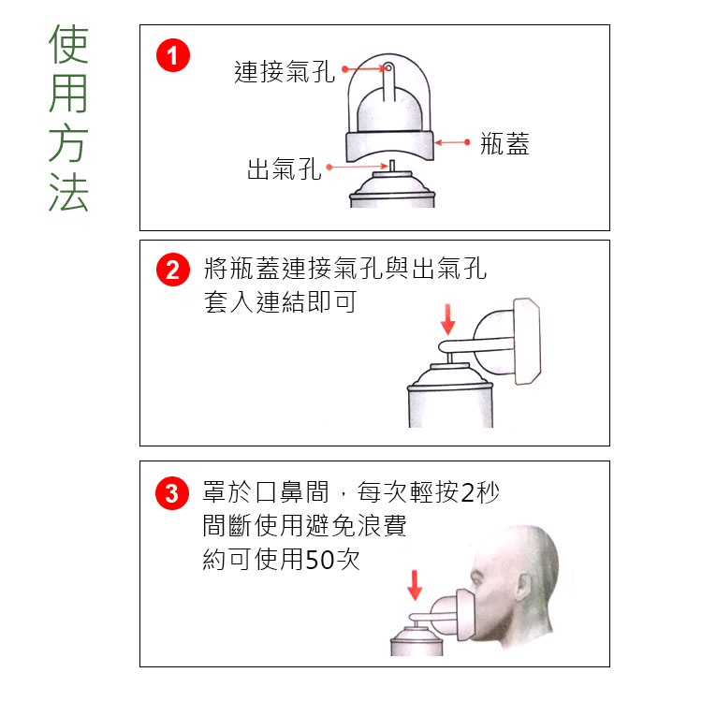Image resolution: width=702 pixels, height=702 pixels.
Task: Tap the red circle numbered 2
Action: coord(172,271)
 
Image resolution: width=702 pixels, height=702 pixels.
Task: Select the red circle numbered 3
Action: coord(172,492)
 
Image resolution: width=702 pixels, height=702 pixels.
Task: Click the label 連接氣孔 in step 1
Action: coord(284,71)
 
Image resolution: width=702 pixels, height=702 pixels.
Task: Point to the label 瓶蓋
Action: coord(504,143)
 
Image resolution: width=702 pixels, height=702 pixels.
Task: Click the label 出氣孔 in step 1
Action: coord(284,169)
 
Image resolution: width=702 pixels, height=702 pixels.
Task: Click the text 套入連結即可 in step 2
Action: coord(280,303)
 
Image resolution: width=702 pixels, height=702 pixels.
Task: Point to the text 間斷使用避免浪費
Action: coord(304,526)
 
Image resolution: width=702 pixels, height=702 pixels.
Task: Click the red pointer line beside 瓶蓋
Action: coord(453,142)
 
